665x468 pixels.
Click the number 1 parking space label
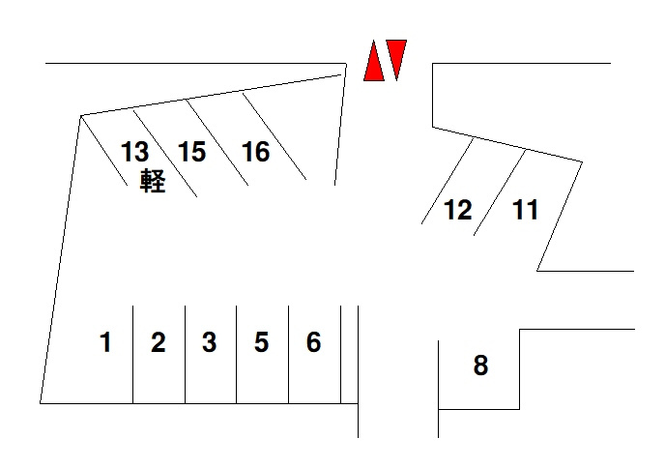tap(105, 342)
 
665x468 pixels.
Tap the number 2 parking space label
tap(159, 342)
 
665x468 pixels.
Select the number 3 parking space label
tap(210, 342)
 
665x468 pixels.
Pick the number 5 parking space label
tap(261, 342)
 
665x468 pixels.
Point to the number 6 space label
tap(313, 342)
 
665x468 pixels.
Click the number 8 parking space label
tap(480, 365)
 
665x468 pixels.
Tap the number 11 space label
tap(526, 210)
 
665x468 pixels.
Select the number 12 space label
tap(458, 210)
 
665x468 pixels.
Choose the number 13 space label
tap(135, 152)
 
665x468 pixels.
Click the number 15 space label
tap(191, 152)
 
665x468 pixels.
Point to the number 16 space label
tap(256, 152)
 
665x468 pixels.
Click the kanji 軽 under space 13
tap(153, 181)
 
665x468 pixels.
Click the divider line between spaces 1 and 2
tap(133, 354)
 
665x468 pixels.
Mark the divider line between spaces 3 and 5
tap(236, 354)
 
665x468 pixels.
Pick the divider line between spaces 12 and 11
tap(500, 192)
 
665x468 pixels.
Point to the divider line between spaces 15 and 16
tap(217, 142)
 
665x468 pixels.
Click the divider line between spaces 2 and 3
tap(186, 354)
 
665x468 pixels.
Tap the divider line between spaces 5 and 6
tap(289, 354)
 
